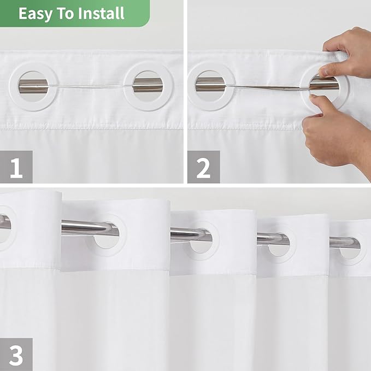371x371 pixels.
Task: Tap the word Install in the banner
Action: pos(99,13)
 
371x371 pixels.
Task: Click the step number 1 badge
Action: pos(16,167)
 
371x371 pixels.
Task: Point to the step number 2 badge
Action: pos(203,167)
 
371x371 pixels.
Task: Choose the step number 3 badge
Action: pos(16,354)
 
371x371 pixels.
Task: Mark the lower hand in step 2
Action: pos(339,131)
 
